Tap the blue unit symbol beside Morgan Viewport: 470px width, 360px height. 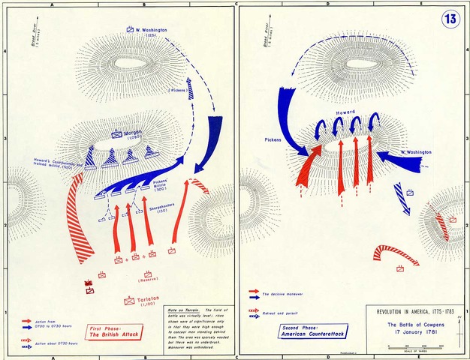(x=117, y=135)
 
